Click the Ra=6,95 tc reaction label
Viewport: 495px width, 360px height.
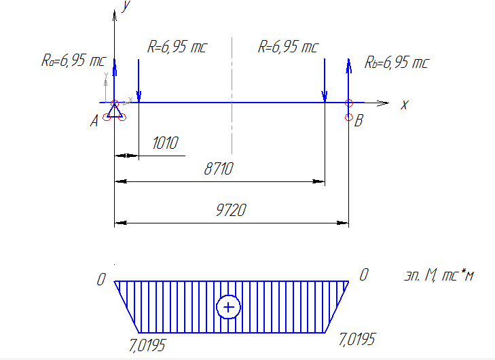(x=73, y=60)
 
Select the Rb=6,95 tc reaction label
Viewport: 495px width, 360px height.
(x=397, y=62)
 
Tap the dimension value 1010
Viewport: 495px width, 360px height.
(x=166, y=143)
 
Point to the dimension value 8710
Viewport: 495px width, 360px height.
(x=219, y=168)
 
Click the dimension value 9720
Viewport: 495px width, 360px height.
(x=231, y=211)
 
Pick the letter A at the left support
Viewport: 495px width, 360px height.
(x=94, y=121)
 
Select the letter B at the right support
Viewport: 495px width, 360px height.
(x=359, y=121)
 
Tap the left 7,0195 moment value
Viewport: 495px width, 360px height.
(x=147, y=346)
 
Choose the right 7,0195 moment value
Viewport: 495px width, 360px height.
(x=357, y=340)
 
